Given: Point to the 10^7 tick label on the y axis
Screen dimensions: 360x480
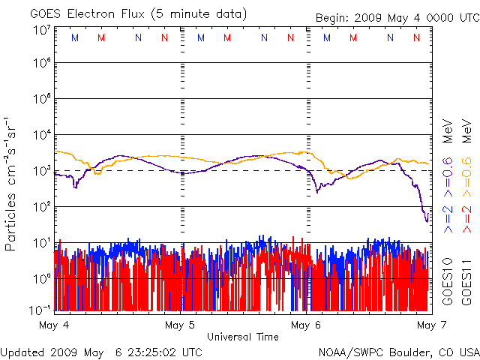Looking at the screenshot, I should click(x=41, y=30).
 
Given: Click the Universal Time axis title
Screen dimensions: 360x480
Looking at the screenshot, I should click(x=243, y=337).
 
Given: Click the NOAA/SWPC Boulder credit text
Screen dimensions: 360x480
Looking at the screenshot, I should click(x=398, y=352).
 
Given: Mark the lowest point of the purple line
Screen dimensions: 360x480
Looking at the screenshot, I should click(x=427, y=221).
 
